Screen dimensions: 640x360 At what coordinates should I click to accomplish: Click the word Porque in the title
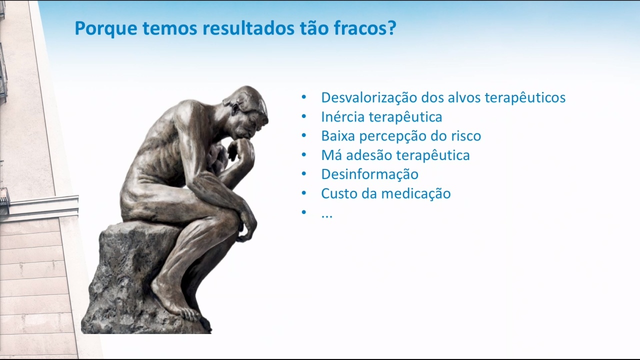tap(106, 29)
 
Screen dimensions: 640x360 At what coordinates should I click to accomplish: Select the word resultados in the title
tap(248, 28)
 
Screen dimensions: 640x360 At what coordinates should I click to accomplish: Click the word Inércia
tap(343, 116)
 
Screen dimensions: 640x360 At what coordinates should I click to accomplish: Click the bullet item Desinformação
tap(369, 174)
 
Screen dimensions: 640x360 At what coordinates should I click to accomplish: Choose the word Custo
tap(338, 193)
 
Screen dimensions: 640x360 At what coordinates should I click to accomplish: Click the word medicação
tap(416, 193)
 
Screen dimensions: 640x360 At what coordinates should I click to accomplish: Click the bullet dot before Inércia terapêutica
tap(303, 116)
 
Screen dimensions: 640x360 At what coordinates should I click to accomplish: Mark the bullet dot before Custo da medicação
tap(303, 193)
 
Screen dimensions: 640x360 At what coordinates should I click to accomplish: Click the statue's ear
tap(235, 108)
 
